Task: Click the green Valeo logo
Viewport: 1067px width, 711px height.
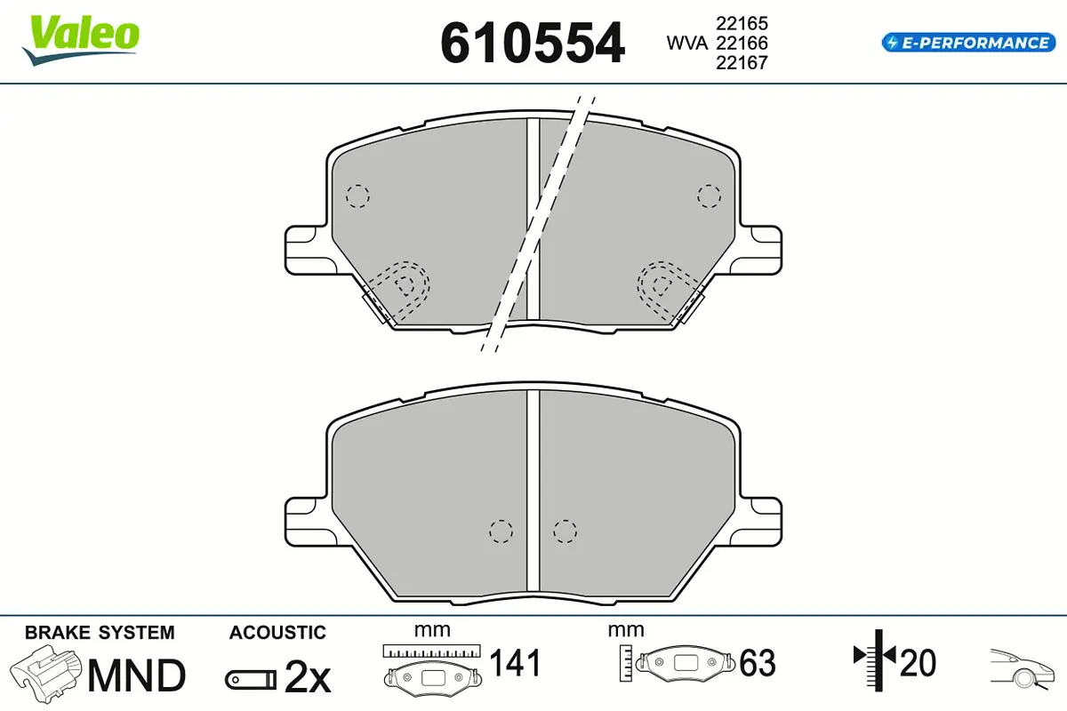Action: point(81,39)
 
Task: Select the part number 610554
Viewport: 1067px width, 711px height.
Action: point(532,43)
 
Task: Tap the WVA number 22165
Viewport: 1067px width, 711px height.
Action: point(742,23)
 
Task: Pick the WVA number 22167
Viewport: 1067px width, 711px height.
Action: point(742,63)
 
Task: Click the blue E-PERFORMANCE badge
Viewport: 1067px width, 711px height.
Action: point(969,43)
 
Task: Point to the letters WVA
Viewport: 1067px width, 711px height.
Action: point(686,43)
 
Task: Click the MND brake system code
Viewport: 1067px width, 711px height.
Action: point(137,675)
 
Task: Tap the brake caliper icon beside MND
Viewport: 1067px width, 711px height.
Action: point(45,673)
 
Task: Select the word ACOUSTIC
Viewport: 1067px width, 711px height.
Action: point(277,633)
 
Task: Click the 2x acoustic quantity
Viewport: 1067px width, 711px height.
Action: point(308,676)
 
